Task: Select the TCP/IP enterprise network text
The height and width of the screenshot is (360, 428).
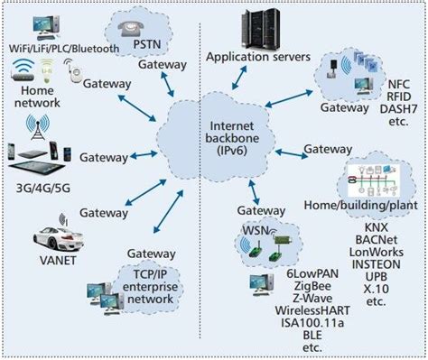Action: [147, 285]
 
